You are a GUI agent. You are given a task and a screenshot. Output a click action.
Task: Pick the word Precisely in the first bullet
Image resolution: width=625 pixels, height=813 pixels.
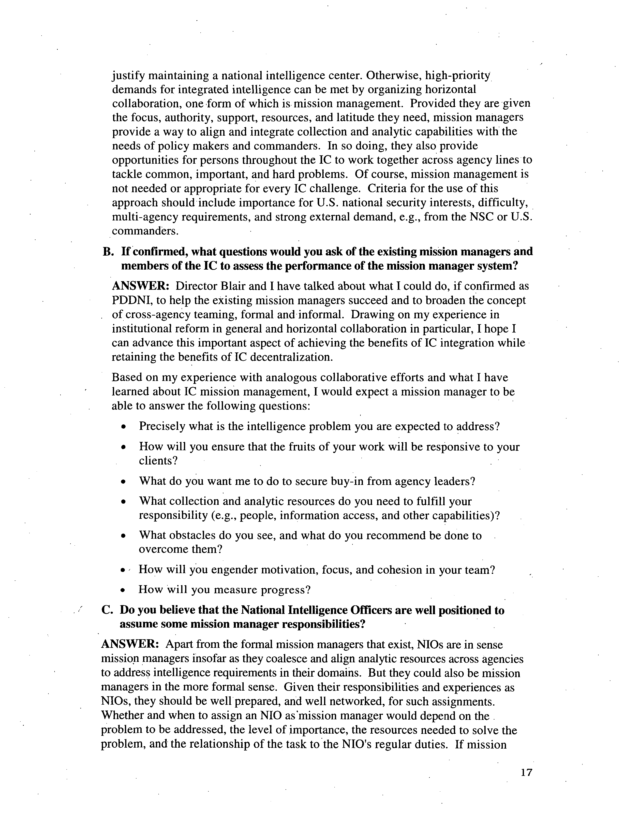coord(162,426)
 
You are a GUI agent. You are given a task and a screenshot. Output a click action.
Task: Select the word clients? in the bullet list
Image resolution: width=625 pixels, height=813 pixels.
coord(158,461)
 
